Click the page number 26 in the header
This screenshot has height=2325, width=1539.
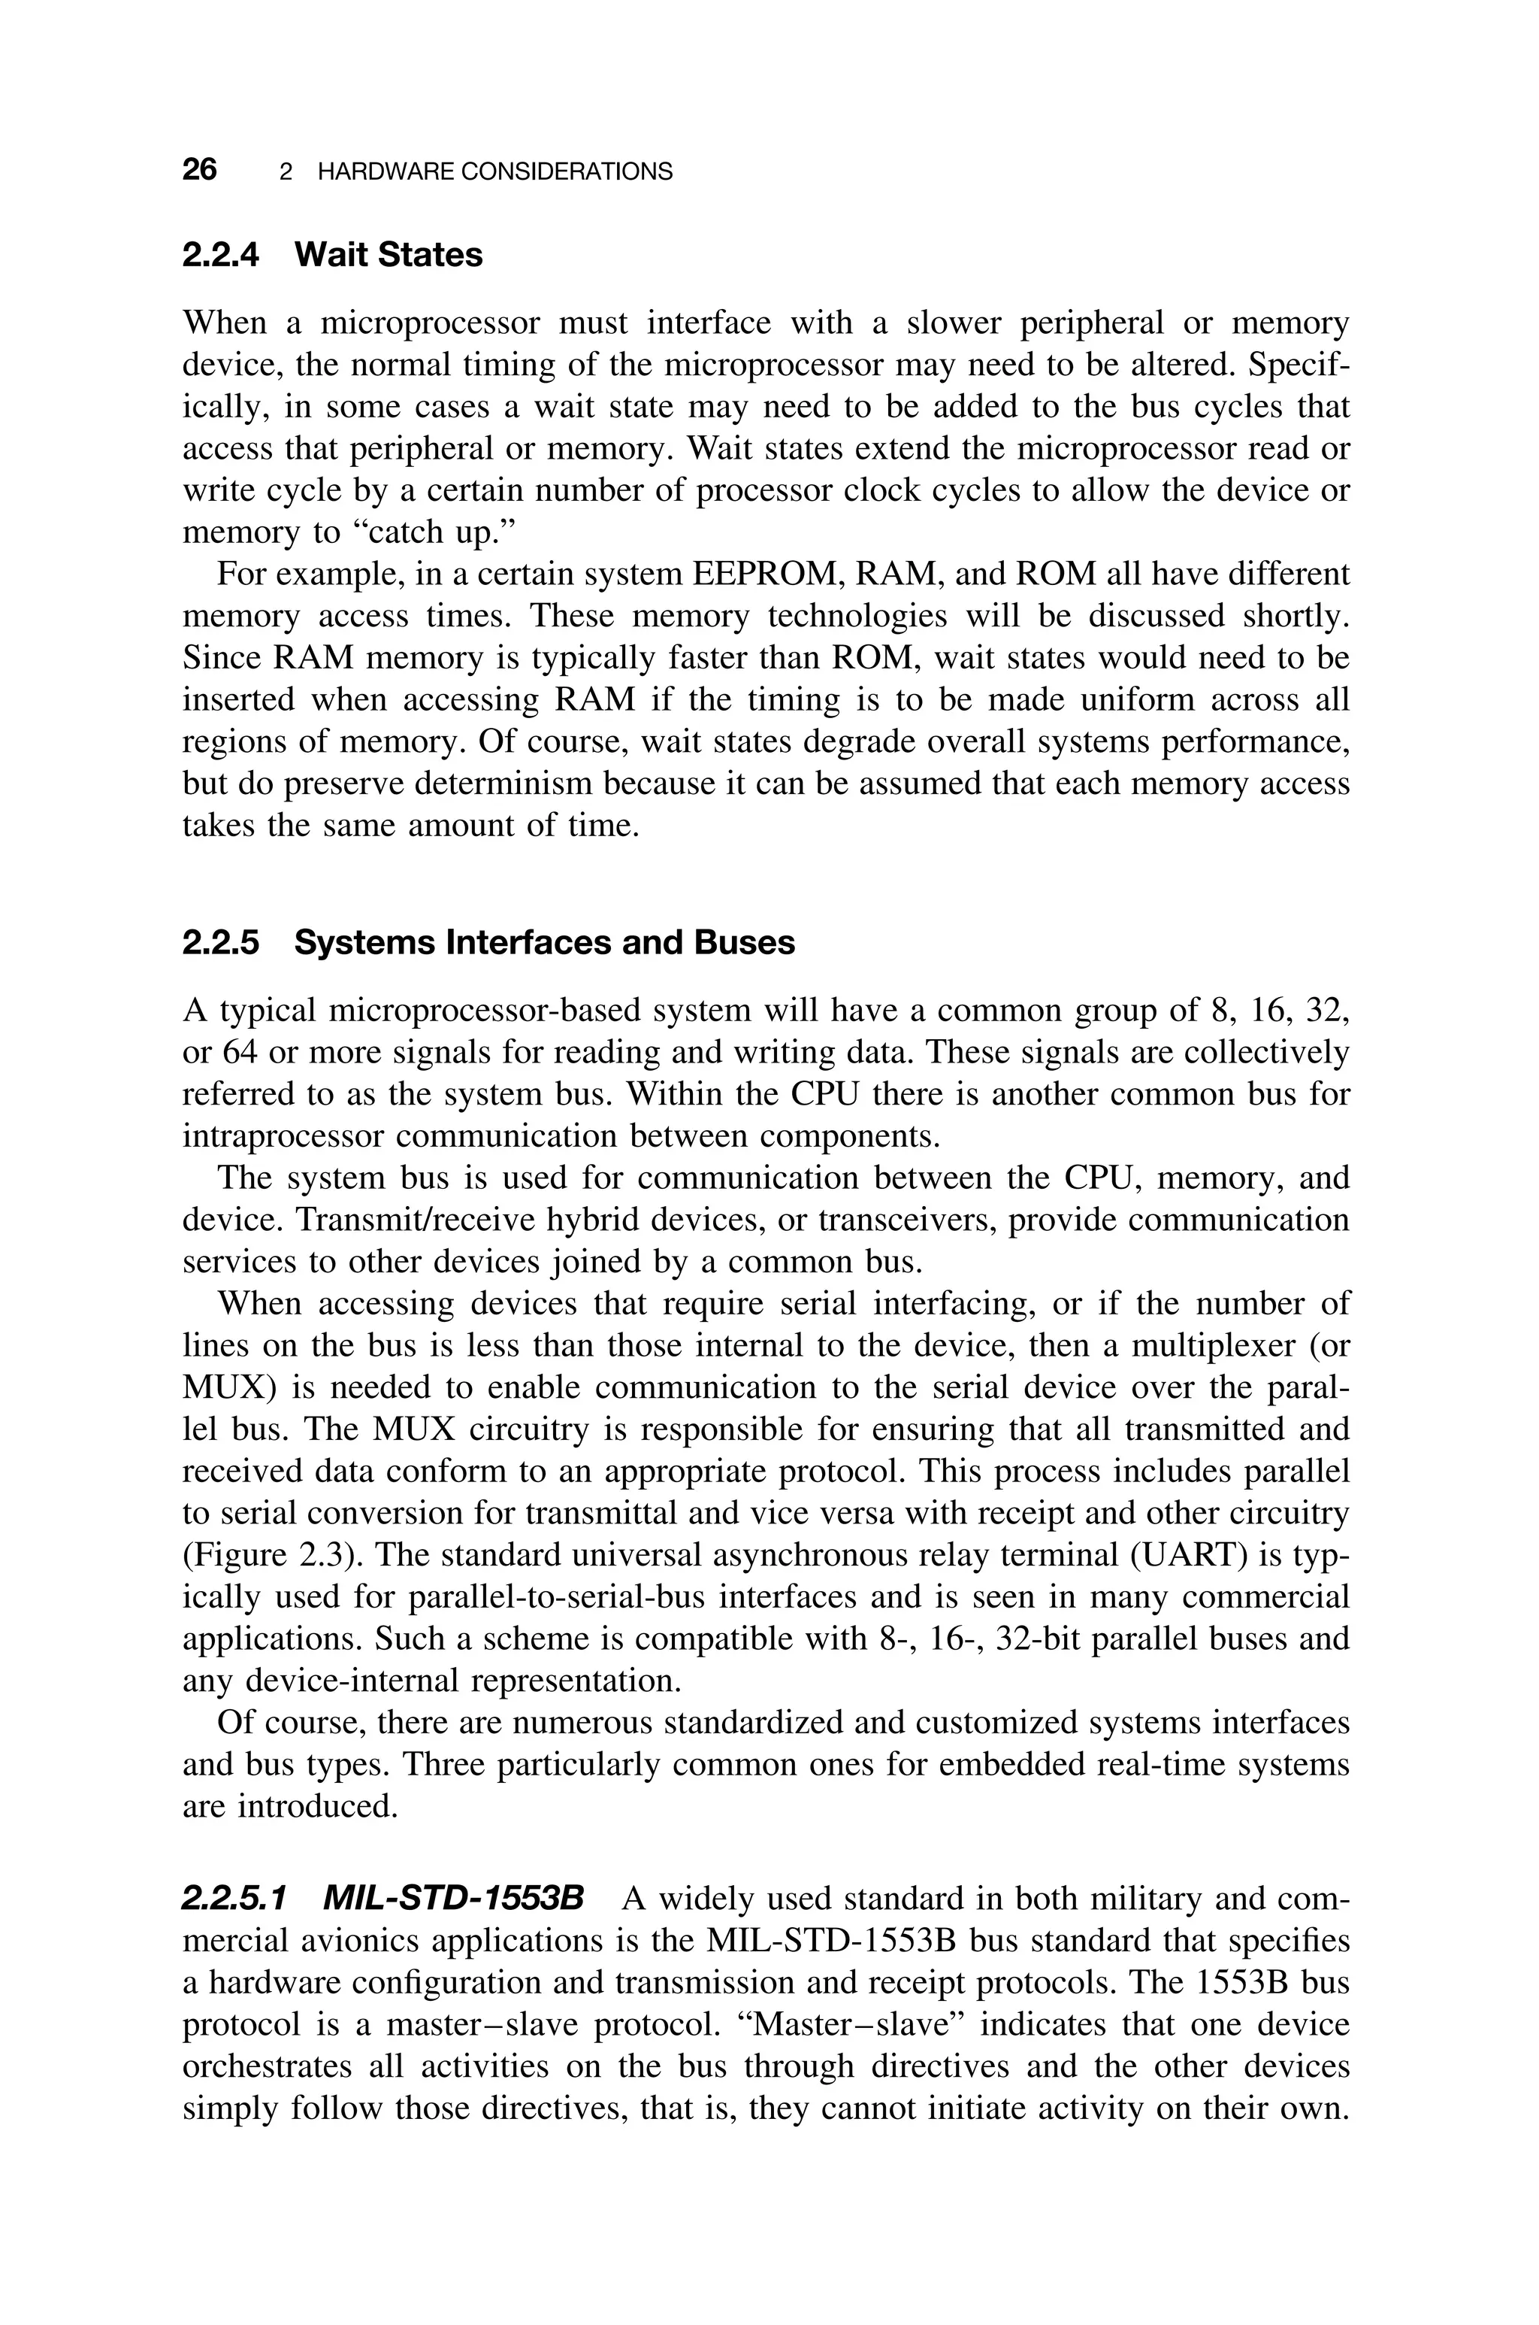point(199,170)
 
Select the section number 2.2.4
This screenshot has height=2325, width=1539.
point(221,255)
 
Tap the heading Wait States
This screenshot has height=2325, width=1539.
point(389,255)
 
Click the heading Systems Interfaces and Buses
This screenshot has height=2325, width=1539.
point(545,943)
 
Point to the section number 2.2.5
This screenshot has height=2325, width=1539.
point(221,943)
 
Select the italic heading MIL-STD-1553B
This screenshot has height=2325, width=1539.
point(452,1900)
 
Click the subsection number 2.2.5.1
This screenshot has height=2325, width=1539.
point(234,1900)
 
